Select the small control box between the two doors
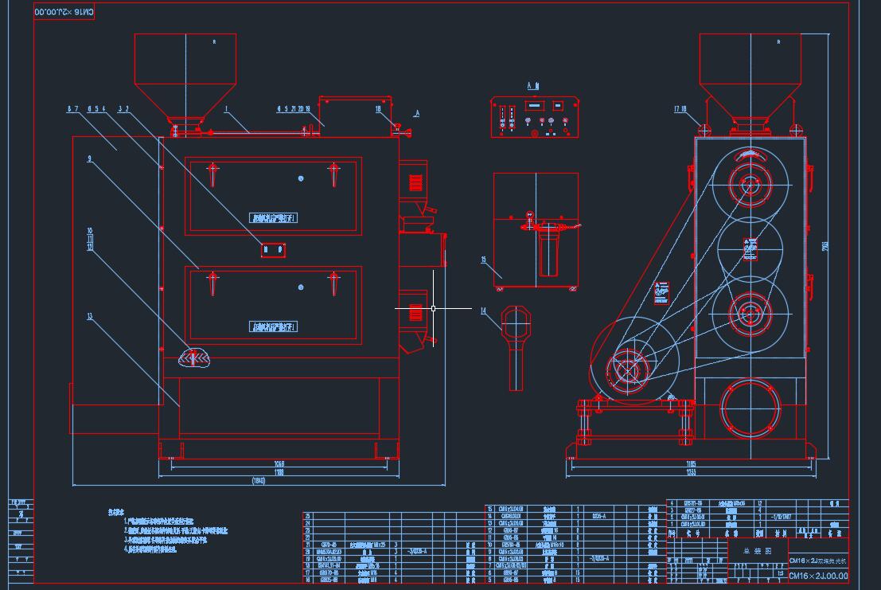click(273, 250)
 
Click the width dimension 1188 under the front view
click(279, 472)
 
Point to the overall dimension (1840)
click(259, 481)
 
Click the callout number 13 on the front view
click(90, 316)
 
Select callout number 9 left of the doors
click(90, 159)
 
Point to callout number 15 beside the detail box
click(484, 260)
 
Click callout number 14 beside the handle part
click(484, 312)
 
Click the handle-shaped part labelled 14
click(515, 342)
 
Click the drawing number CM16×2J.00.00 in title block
click(818, 576)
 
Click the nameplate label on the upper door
click(273, 217)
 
